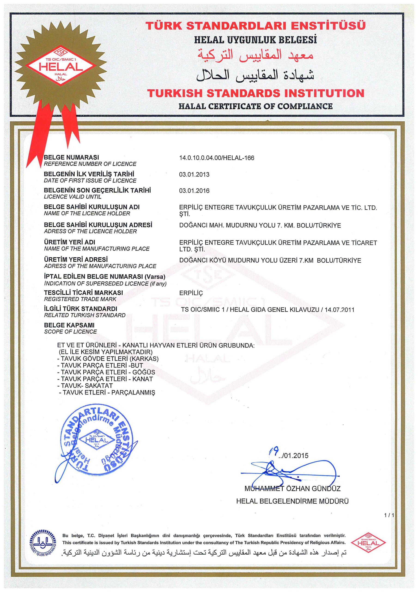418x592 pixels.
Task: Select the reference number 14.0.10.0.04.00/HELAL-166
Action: tap(216, 158)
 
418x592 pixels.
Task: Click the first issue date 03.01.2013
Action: tap(194, 175)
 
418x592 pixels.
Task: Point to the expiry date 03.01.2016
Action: tap(194, 191)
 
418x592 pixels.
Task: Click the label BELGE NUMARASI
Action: tap(71, 157)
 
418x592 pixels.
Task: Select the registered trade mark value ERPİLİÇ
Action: tap(191, 293)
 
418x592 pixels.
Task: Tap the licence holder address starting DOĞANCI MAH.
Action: tap(260, 225)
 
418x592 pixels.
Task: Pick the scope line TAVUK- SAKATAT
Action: tap(87, 386)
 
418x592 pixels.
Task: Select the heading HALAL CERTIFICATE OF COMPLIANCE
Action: tap(255, 106)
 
